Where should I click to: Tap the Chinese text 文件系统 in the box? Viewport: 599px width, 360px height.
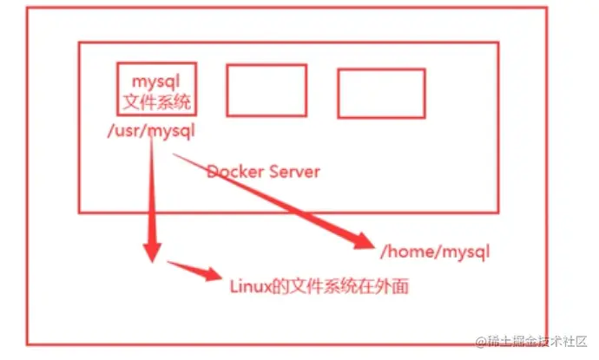click(156, 102)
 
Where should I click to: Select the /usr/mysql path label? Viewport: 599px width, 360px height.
click(150, 132)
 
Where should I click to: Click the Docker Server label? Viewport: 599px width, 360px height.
click(263, 171)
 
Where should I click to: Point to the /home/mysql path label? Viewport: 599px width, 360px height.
click(435, 253)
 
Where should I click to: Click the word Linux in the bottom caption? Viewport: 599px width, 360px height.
click(247, 285)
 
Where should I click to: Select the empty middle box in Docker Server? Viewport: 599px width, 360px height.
click(267, 90)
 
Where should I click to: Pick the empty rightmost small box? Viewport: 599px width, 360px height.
click(381, 93)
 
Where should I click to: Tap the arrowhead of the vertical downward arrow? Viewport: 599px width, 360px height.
click(151, 252)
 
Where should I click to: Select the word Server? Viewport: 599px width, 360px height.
click(293, 171)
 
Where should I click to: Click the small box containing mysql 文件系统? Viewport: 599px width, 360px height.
click(156, 88)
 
